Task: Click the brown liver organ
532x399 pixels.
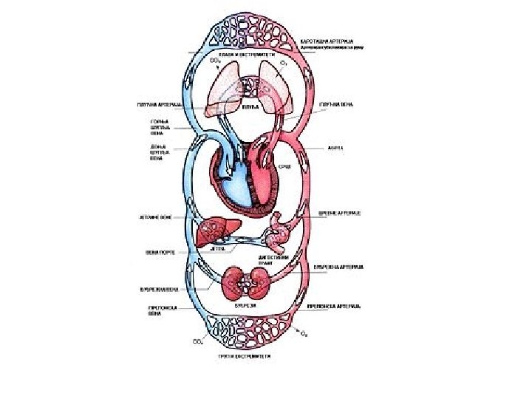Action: [215, 229]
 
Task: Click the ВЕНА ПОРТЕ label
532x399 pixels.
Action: [160, 251]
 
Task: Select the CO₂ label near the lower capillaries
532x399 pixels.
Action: [198, 341]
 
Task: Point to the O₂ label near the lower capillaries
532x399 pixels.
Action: [303, 332]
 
